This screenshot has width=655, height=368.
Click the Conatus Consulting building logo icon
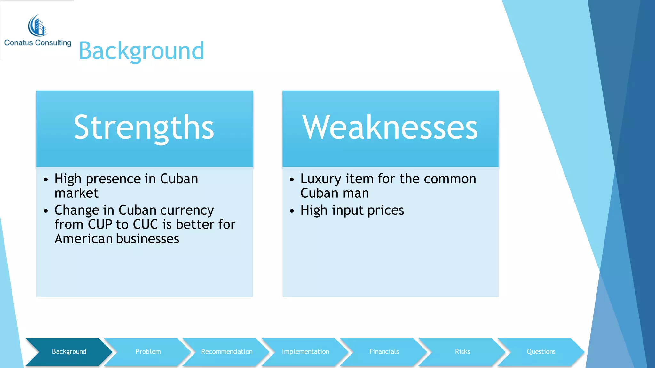(38, 26)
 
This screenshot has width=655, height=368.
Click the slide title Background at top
(141, 51)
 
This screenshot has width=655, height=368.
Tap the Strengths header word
(144, 127)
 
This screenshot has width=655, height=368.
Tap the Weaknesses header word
(390, 127)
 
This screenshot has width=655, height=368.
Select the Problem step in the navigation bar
(148, 352)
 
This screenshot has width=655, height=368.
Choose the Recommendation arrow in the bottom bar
(227, 352)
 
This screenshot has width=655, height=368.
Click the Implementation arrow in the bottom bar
(305, 352)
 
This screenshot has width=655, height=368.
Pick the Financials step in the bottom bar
(384, 352)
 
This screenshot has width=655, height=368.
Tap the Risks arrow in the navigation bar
(462, 352)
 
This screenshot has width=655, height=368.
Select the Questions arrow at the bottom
(541, 352)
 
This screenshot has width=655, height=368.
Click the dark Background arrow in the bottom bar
(69, 352)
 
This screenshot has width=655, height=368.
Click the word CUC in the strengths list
(145, 225)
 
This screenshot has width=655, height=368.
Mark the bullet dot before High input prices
(292, 211)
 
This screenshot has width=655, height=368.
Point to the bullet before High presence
(46, 180)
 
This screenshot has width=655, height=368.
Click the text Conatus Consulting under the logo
(38, 43)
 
